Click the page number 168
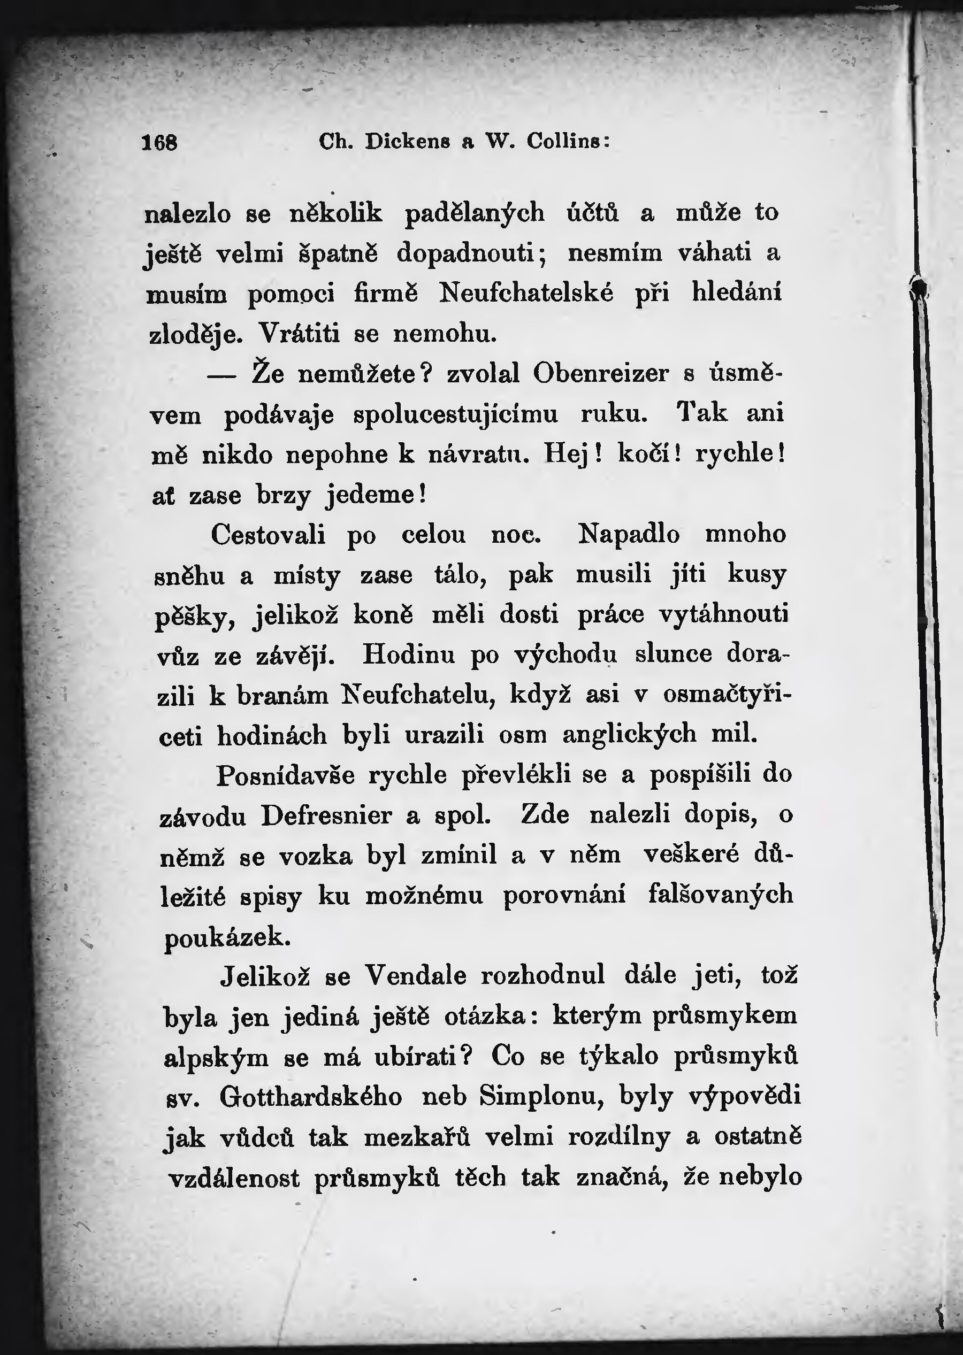point(159,143)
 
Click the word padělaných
point(475,213)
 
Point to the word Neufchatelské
point(526,293)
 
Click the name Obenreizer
point(601,374)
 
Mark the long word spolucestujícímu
point(455,414)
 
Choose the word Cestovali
point(269,535)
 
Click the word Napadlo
point(629,535)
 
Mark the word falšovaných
point(721,895)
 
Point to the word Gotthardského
point(311,1097)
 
